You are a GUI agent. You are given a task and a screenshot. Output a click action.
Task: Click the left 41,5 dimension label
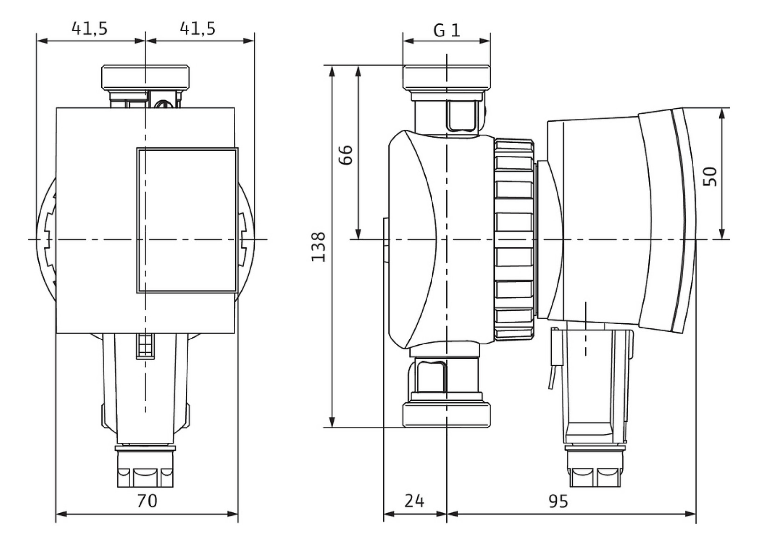90,28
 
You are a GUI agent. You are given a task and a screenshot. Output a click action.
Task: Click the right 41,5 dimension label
198,28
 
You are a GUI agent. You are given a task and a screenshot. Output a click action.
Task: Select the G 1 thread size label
447,31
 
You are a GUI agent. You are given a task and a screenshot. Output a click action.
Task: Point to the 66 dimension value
345,155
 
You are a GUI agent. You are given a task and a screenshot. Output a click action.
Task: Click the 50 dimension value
710,176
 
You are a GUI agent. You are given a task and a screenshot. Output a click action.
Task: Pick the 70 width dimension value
147,501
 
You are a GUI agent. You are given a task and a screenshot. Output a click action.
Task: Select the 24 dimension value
414,501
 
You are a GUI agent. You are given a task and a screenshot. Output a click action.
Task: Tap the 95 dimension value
558,501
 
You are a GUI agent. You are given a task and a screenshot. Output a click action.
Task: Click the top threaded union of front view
146,77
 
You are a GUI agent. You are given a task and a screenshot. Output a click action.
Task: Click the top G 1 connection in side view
447,77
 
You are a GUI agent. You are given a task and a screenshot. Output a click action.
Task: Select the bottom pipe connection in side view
447,415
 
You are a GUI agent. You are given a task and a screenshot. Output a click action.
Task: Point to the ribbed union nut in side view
514,239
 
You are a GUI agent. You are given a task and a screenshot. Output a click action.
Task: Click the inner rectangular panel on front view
187,220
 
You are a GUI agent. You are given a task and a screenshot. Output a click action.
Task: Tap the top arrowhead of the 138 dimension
332,70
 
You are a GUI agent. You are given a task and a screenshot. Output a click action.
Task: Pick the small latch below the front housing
145,346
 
